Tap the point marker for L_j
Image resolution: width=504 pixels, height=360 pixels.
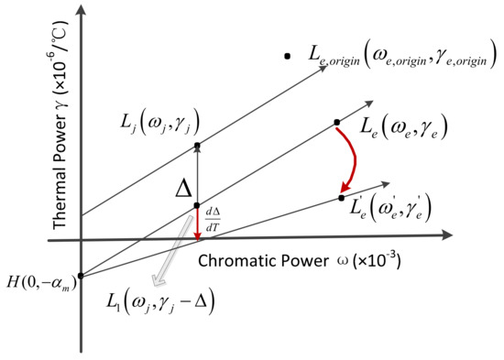coord(197,147)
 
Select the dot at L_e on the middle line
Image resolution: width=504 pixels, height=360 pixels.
coord(337,122)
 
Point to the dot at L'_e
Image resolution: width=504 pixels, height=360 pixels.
coord(341,197)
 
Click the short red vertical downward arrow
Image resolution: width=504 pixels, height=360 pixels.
coord(197,225)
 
